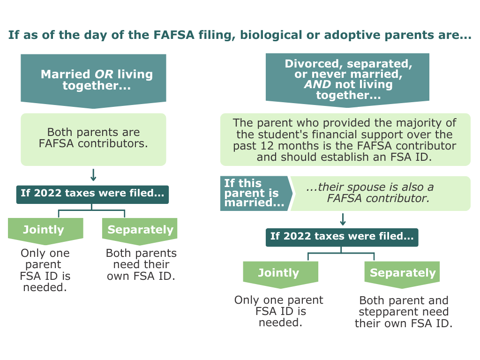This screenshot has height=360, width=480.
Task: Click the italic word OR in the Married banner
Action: click(x=104, y=75)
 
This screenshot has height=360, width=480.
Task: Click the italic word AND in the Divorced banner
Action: click(x=317, y=85)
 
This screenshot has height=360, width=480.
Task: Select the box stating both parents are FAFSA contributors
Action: click(x=93, y=138)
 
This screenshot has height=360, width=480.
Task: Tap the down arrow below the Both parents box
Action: click(x=93, y=175)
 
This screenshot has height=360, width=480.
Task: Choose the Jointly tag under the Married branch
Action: click(x=44, y=230)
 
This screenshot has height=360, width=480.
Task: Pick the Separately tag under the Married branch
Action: click(x=140, y=230)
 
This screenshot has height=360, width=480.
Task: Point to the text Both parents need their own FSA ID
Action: click(x=141, y=265)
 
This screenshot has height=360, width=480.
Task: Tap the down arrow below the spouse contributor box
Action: click(x=343, y=219)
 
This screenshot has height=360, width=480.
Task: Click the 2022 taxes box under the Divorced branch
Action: click(x=342, y=237)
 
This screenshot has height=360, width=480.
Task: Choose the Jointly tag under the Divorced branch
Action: click(x=279, y=273)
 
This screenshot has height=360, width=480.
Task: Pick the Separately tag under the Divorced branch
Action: click(x=403, y=273)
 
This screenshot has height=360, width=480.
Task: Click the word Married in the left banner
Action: click(x=66, y=75)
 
